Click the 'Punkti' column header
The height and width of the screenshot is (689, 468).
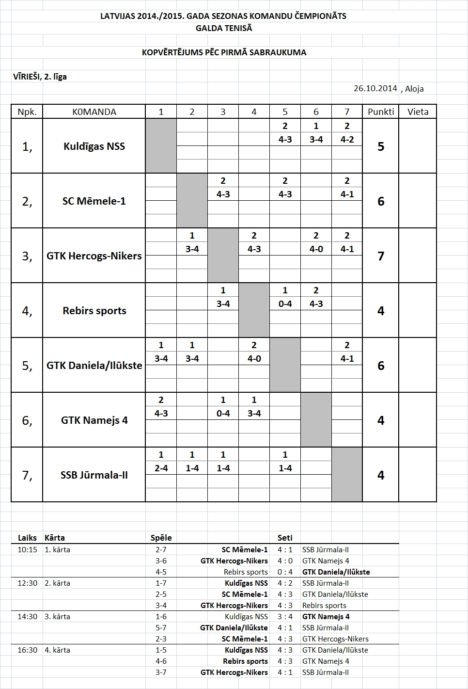pos(381,112)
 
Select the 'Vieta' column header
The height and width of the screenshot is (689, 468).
pos(418,112)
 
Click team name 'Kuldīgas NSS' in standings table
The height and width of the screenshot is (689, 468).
pos(94,146)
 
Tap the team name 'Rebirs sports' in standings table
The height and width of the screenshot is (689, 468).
pos(94,311)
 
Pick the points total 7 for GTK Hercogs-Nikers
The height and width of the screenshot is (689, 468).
pos(381,256)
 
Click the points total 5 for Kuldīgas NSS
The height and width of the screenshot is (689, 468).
pos(381,146)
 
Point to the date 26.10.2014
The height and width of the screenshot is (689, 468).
pos(375,88)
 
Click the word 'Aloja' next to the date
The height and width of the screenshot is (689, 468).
pos(414,89)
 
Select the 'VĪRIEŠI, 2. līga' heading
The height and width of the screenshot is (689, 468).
pos(40,77)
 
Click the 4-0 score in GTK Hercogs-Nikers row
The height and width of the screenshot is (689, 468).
pos(316,249)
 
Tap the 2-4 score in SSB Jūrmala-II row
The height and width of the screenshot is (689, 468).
pos(161,468)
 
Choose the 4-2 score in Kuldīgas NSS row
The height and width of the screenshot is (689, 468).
pos(347,140)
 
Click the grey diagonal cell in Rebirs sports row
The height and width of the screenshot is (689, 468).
pos(254,310)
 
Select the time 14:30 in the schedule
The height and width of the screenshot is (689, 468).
pos(27,617)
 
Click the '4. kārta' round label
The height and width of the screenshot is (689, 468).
pos(57,650)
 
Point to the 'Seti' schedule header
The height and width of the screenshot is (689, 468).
pos(285,538)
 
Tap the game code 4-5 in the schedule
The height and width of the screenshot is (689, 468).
pos(161,572)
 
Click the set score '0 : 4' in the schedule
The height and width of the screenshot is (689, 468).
pos(285,572)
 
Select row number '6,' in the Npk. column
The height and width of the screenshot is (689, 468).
pos(27,420)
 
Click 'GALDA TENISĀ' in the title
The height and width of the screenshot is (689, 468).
pos(224,28)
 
